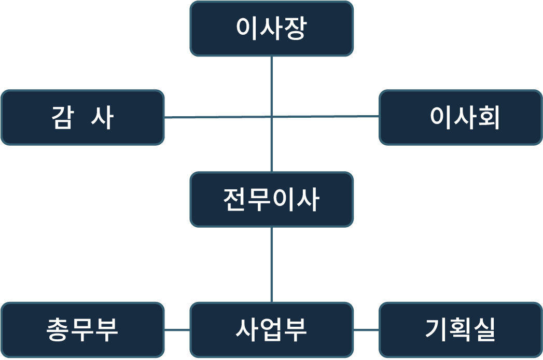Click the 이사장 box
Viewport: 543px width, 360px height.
coord(272,29)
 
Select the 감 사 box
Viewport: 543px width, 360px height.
coord(82,117)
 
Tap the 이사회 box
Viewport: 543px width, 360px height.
coord(461,117)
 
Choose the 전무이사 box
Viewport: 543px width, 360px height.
coord(272,200)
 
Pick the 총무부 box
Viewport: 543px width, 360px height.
coord(82,330)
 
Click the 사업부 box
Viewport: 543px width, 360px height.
coord(272,330)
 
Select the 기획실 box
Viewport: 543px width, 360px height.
coord(461,330)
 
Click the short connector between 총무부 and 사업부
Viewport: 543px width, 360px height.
coord(177,330)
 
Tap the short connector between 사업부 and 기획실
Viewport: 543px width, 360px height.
coord(366,330)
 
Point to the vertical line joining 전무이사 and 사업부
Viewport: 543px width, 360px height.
coord(272,265)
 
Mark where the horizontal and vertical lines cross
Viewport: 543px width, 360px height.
coord(272,117)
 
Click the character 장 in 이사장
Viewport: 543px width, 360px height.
coord(295,29)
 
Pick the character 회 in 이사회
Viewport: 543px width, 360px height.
coord(488,118)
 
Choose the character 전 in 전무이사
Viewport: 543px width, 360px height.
coord(234,200)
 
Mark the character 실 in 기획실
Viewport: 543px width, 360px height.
coord(485,330)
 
